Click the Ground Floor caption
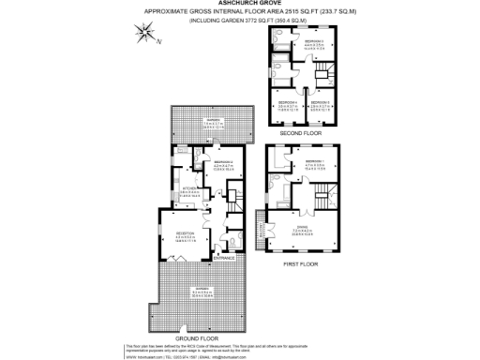[x=196, y=336]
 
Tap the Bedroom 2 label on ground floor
[x=223, y=164]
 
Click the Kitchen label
[x=187, y=188]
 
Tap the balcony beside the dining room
[x=259, y=230]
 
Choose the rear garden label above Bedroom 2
[x=214, y=125]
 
